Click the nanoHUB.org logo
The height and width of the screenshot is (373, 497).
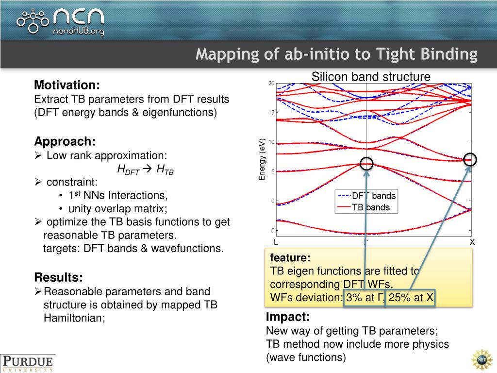tap(61, 20)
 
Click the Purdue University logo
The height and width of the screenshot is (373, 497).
tap(28, 363)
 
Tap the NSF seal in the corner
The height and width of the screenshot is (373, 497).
tap(481, 359)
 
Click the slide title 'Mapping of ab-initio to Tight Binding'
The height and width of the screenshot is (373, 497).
tap(336, 54)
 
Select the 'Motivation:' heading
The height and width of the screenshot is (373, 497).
tap(67, 85)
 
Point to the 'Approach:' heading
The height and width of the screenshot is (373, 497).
tap(65, 142)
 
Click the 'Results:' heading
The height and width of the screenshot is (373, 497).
tap(58, 278)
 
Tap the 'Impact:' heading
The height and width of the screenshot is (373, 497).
tap(288, 318)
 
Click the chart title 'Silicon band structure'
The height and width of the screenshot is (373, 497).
tap(371, 77)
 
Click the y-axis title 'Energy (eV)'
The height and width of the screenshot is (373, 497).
tap(262, 159)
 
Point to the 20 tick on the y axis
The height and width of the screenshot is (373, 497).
tap(271, 84)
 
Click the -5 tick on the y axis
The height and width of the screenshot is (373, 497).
tap(272, 230)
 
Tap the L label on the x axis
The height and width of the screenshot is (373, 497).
tap(276, 242)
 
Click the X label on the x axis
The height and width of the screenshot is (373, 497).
tap(471, 242)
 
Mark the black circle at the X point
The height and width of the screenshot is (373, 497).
tap(470, 159)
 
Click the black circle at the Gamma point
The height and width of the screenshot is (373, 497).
tap(366, 164)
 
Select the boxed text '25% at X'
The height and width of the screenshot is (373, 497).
tap(411, 298)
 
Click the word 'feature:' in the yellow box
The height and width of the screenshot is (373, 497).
tap(290, 258)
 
